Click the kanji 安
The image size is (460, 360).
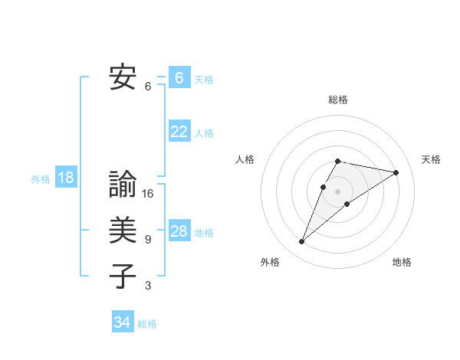[x=122, y=77]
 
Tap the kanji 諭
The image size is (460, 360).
[x=122, y=185]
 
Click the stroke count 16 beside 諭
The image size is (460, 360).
[x=148, y=194]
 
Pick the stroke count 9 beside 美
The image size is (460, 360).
[x=148, y=240]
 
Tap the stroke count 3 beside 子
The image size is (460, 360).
[x=148, y=286]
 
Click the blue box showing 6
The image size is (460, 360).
[x=179, y=78]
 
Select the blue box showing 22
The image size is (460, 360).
[x=179, y=132]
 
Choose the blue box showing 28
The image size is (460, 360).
[x=179, y=231]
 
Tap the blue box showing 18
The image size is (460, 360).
[x=66, y=178]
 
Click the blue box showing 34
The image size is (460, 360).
[x=122, y=322]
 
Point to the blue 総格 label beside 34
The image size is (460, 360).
[x=147, y=324]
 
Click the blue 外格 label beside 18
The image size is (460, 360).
[x=40, y=179]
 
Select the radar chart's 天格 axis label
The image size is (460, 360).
[x=431, y=159]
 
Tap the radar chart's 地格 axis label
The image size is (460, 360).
[x=402, y=262]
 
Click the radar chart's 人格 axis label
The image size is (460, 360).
[x=245, y=159]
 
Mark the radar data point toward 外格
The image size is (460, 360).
[x=301, y=242]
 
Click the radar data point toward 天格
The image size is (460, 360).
[x=396, y=172]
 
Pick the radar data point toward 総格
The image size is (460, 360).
[x=337, y=161]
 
